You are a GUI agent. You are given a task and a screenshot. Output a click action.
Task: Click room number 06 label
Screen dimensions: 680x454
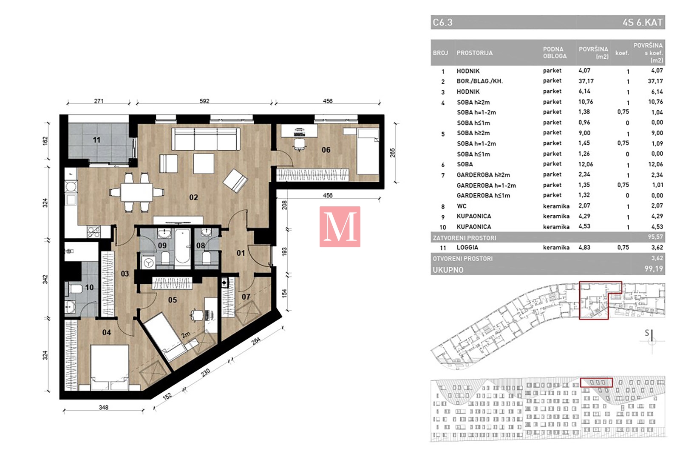[326, 150]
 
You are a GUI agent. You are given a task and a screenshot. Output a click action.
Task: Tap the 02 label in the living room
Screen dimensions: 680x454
[193, 197]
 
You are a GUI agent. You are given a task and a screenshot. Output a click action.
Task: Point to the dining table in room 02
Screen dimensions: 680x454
[136, 192]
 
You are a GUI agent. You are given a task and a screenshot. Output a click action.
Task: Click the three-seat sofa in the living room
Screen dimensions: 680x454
[206, 139]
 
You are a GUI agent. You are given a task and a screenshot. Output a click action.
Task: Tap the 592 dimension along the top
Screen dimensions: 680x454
[204, 101]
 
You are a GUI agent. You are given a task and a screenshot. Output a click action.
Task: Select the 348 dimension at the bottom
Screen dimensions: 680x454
[104, 407]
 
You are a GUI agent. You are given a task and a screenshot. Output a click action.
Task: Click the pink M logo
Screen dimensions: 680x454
[340, 227]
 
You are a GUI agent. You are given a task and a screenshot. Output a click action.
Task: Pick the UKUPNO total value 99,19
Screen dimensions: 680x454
[654, 269]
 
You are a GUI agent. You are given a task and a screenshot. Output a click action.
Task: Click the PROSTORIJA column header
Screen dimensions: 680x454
[474, 53]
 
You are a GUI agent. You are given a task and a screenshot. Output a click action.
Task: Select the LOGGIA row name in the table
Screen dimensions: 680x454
[467, 247]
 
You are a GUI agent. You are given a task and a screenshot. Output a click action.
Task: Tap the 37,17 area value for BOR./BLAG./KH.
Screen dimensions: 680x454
[586, 81]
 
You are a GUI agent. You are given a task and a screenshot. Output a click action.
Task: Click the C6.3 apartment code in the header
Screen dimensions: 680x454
[442, 23]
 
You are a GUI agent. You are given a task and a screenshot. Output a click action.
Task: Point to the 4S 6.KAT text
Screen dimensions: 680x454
[642, 23]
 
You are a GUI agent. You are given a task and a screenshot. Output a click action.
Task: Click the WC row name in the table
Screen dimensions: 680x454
[462, 206]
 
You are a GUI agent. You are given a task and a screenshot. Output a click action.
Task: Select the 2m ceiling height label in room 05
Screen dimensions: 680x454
[185, 335]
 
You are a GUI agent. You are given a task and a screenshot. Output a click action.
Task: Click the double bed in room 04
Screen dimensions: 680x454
[110, 367]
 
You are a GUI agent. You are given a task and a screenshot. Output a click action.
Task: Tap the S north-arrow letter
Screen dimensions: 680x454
[646, 333]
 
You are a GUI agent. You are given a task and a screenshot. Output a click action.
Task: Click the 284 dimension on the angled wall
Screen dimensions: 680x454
[256, 341]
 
